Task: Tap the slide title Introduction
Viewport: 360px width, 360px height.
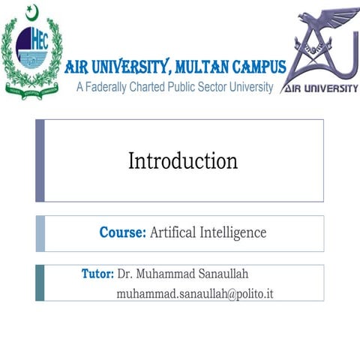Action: (x=183, y=160)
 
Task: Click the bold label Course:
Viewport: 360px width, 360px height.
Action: (x=122, y=232)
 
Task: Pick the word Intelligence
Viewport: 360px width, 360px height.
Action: (x=232, y=232)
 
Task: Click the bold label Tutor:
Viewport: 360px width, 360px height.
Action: (x=97, y=273)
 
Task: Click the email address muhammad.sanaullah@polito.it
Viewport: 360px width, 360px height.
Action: (x=195, y=292)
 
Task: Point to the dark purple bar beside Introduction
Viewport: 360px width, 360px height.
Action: (x=40, y=160)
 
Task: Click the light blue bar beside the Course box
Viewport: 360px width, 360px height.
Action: (x=40, y=233)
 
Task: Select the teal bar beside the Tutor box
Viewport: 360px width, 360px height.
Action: (x=40, y=282)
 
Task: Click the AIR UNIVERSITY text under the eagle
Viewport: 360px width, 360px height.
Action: (x=321, y=88)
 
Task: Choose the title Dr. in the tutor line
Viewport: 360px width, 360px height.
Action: (x=125, y=273)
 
